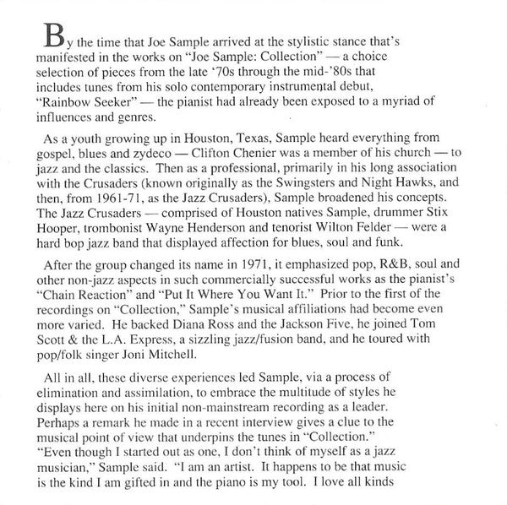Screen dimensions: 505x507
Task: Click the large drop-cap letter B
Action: click(x=52, y=38)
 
